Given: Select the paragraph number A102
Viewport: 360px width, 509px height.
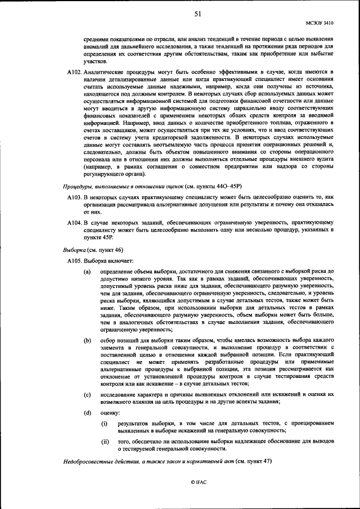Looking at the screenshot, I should tap(74, 73).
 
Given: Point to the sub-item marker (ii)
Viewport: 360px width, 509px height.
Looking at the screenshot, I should tap(105, 442).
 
